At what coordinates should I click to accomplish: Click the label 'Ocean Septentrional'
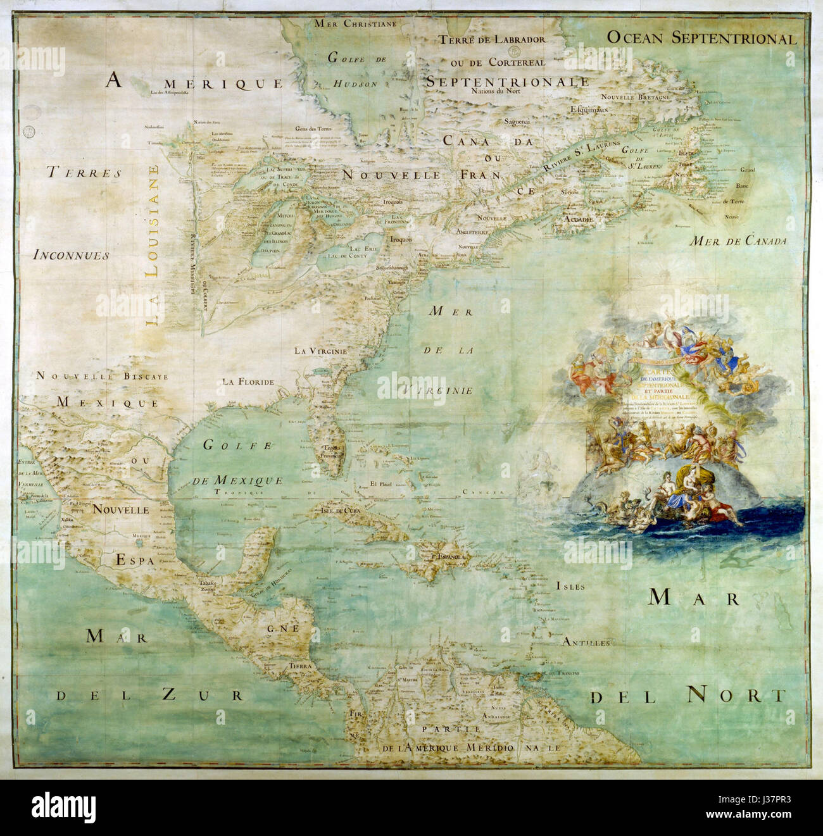pyautogui.click(x=701, y=38)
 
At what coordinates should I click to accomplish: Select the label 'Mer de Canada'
pyautogui.click(x=738, y=241)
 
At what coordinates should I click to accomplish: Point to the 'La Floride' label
pyautogui.click(x=248, y=382)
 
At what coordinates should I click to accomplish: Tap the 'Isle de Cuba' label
pyautogui.click(x=341, y=511)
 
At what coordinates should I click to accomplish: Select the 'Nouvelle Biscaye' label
pyautogui.click(x=102, y=376)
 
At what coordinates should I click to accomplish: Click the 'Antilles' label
pyautogui.click(x=586, y=642)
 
